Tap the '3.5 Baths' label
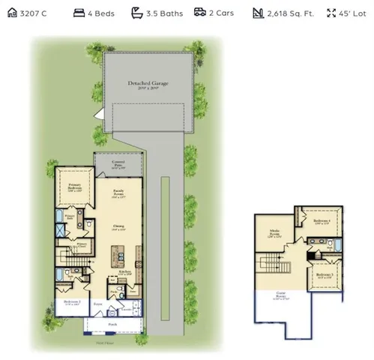163,13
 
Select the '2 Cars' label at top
221,13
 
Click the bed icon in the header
79,13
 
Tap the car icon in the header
200,13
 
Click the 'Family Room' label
119,192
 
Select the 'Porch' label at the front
112,325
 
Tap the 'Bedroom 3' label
324,275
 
